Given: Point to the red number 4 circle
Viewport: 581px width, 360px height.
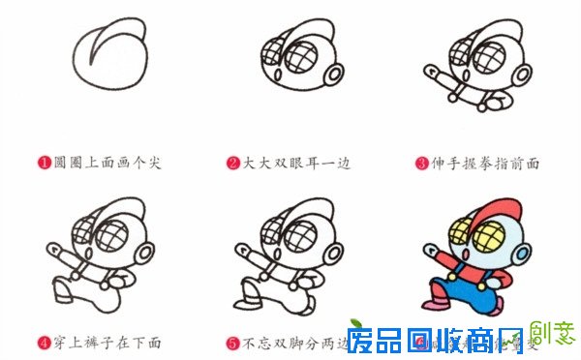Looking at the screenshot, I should pos(44,343).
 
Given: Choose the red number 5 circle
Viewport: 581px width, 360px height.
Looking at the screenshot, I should pos(233,343).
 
